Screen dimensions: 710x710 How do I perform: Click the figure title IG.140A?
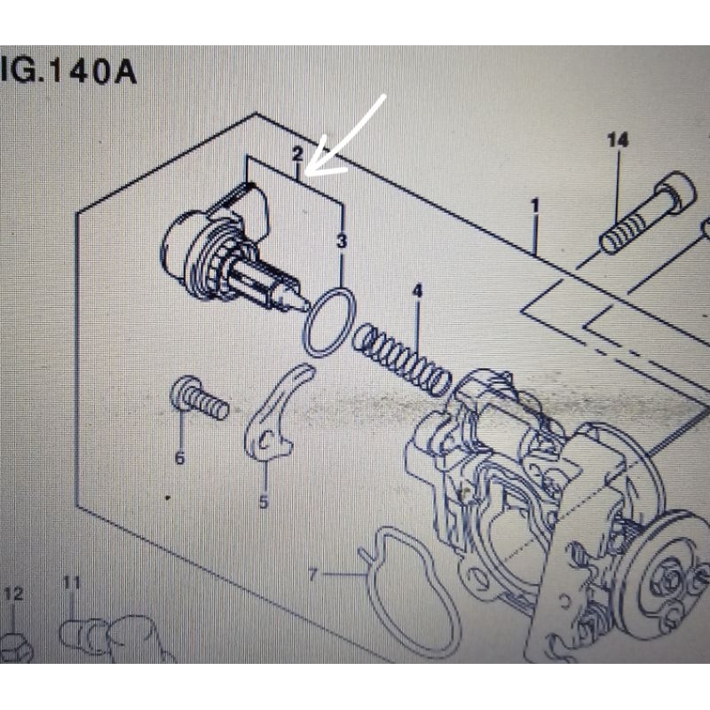[68, 71]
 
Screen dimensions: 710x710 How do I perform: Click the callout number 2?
[297, 154]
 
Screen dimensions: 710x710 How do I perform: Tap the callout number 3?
[342, 240]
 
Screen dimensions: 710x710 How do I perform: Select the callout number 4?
[417, 291]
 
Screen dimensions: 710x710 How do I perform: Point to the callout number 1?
[534, 207]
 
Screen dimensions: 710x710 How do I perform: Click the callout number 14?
[618, 140]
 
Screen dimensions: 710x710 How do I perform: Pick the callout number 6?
[179, 458]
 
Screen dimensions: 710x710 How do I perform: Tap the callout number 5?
[264, 502]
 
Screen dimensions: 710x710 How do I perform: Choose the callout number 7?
[312, 575]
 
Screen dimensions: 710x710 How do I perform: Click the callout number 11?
[71, 583]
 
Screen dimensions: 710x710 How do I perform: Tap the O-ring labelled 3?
[329, 323]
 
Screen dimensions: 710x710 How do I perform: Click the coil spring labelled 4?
[402, 359]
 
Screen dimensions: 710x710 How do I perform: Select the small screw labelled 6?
[199, 398]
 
